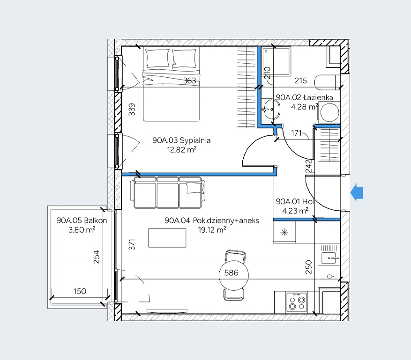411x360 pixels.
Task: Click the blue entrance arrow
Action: [x=357, y=192]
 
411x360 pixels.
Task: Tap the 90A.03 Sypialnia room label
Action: [x=181, y=140]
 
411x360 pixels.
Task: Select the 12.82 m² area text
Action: [x=182, y=150]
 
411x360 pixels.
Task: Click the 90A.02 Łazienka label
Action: [x=304, y=97]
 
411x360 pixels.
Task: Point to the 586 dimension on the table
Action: [x=231, y=273]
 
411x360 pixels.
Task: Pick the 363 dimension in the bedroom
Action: [x=189, y=81]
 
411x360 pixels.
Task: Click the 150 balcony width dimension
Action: [x=80, y=291]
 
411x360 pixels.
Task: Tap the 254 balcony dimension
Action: [x=97, y=257]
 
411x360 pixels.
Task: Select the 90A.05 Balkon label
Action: [x=82, y=220]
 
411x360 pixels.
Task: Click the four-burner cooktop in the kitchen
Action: [x=297, y=302]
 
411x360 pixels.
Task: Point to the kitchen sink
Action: [x=329, y=257]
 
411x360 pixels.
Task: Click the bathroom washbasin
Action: [x=271, y=109]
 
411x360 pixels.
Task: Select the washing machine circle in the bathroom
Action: [x=330, y=112]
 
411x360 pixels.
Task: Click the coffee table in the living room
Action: [x=167, y=238]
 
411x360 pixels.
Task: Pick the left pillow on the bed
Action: [x=157, y=59]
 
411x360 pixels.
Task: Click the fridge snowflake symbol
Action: [x=284, y=232]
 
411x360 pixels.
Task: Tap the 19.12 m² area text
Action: [x=212, y=230]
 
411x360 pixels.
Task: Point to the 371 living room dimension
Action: [x=132, y=244]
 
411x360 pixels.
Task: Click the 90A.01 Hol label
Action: [x=295, y=201]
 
